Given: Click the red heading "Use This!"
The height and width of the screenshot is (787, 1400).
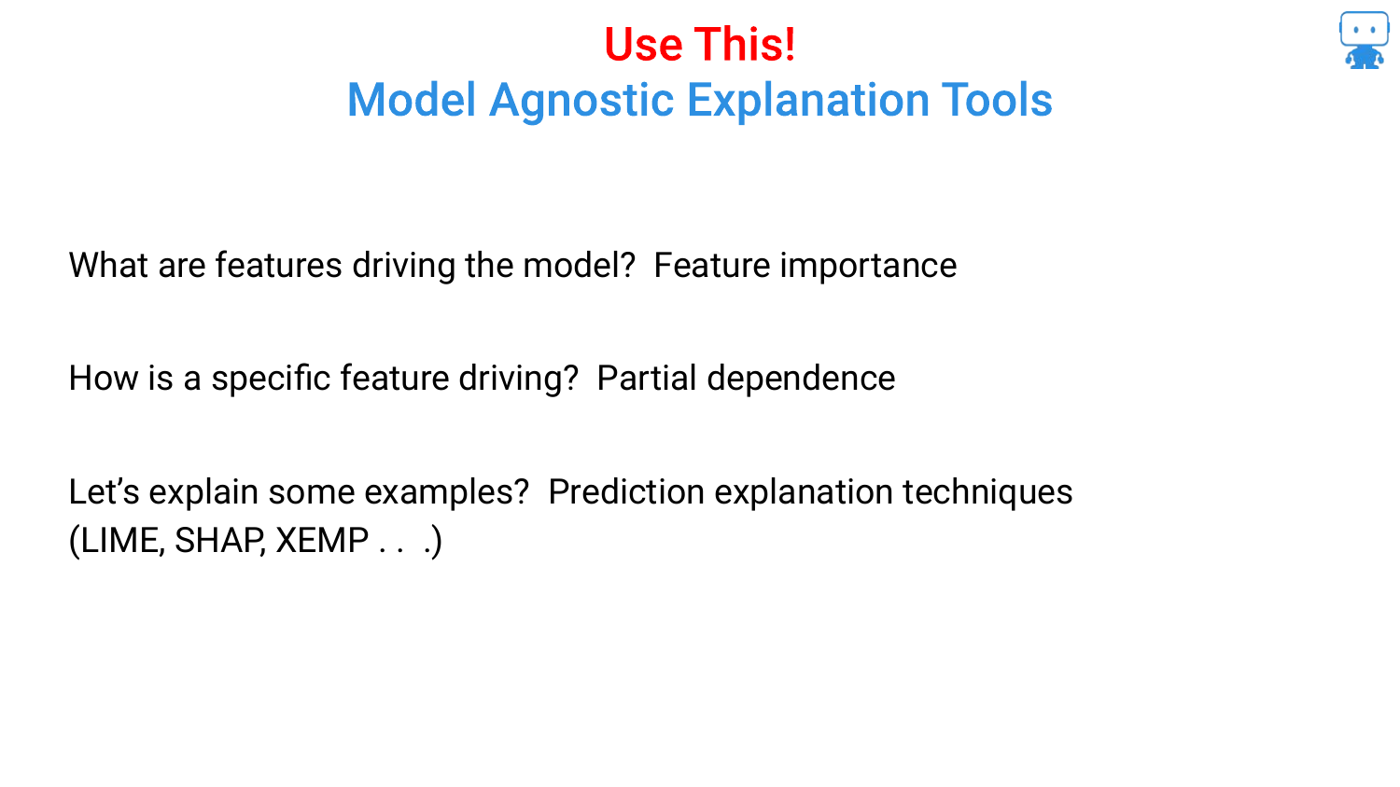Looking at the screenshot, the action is pyautogui.click(x=699, y=45).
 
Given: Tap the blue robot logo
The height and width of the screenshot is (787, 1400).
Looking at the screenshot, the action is pyautogui.click(x=1364, y=40).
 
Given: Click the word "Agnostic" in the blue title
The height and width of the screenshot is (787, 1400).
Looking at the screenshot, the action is pyautogui.click(x=581, y=101).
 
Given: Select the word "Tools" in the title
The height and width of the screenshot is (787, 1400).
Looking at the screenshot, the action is pyautogui.click(x=997, y=100).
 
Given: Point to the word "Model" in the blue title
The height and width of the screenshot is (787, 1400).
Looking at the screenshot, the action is pyautogui.click(x=412, y=100).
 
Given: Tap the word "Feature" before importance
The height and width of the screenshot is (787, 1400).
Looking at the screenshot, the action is pyautogui.click(x=712, y=265).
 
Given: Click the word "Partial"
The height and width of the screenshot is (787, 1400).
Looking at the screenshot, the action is pyautogui.click(x=646, y=378).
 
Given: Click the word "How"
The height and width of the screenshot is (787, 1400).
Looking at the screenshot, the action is pyautogui.click(x=103, y=379).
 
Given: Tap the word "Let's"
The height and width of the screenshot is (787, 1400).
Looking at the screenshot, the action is pyautogui.click(x=104, y=491).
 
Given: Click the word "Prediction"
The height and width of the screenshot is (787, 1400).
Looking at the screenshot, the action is pyautogui.click(x=626, y=491).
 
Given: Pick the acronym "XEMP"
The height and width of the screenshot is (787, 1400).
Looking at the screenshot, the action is pyautogui.click(x=322, y=540).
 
